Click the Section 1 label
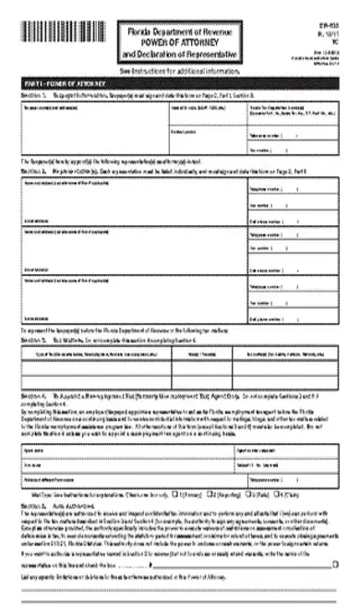point(32,94)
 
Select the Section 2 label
point(32,172)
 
